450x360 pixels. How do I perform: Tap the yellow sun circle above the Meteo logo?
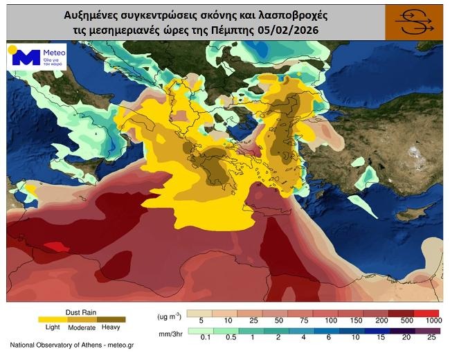point(12,49)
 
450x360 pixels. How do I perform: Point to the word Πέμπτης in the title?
point(248,30)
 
